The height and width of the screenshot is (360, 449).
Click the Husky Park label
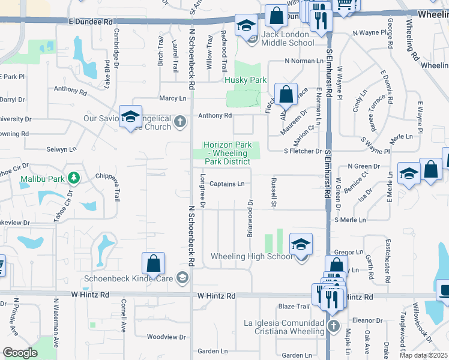pyautogui.click(x=245, y=80)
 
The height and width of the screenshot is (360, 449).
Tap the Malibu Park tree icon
pyautogui.click(x=74, y=178)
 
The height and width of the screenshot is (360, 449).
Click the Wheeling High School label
pyautogui.click(x=252, y=257)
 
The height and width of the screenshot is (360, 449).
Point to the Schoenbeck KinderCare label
pyautogui.click(x=128, y=278)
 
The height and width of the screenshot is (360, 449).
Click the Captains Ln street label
pyautogui.click(x=227, y=184)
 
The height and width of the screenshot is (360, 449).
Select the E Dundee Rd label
pyautogui.click(x=91, y=21)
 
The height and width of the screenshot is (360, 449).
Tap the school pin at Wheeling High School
pyautogui.click(x=301, y=244)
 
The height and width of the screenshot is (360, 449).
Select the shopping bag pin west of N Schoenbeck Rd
pyautogui.click(x=153, y=263)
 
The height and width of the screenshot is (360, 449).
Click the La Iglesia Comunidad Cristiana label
pyautogui.click(x=283, y=328)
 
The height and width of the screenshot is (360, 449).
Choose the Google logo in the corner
pyautogui.click(x=20, y=353)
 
